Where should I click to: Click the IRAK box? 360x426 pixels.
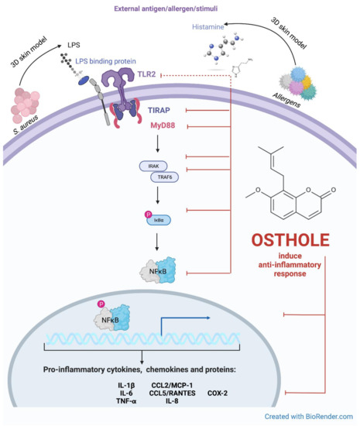click(x=152, y=167)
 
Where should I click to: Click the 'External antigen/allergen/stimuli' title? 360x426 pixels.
click(x=180, y=9)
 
